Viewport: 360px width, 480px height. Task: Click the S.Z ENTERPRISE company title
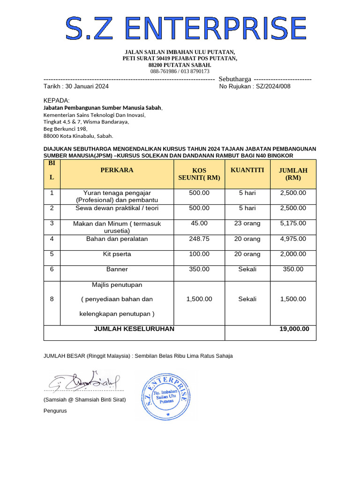point(186,28)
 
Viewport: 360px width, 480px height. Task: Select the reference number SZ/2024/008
point(273,86)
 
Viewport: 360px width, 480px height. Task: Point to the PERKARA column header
point(117,170)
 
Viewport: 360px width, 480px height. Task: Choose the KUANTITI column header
point(247,170)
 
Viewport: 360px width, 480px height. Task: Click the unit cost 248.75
point(199,239)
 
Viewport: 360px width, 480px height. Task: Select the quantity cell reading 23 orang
point(247,224)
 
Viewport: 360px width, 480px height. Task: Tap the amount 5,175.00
point(293,224)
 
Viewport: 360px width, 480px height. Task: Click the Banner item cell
point(117,269)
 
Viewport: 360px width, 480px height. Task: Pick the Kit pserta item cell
point(117,254)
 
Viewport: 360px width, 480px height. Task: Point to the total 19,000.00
point(294,329)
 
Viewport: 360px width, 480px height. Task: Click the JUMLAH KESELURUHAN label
point(134,329)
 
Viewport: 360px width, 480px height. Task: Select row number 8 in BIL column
point(52,299)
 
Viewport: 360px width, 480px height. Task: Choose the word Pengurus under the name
point(55,411)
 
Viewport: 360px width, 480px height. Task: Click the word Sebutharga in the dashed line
point(235,79)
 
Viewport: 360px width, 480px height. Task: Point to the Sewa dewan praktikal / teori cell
point(117,208)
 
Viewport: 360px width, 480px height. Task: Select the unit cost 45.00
point(199,224)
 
